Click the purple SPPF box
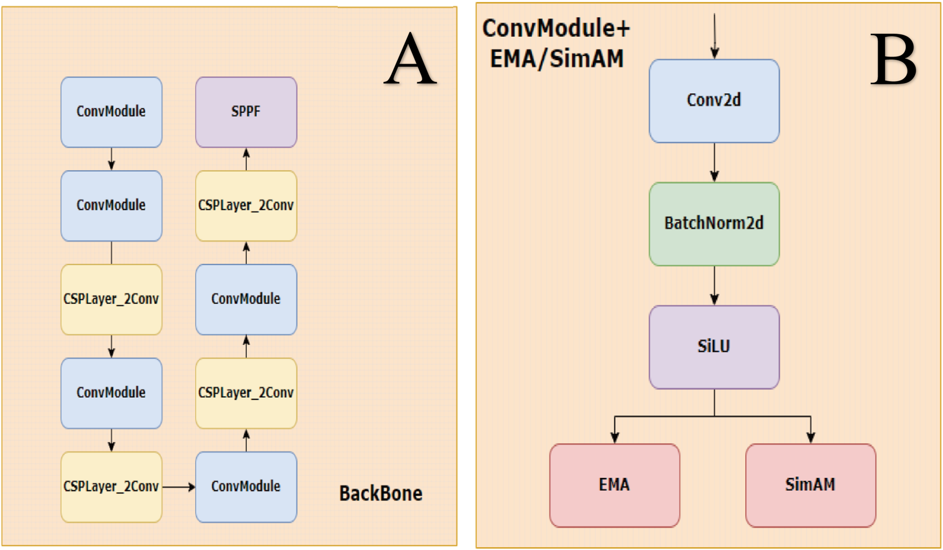coord(246,112)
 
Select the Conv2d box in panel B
coord(714,101)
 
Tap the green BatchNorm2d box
coord(714,223)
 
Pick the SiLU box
coord(714,347)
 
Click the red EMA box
coord(614,485)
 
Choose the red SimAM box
coord(810,485)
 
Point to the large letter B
coord(894,60)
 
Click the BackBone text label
coord(380,493)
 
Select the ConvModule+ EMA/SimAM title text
coord(556,43)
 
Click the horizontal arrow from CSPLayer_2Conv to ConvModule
coord(179,487)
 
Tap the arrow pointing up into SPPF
coord(246,159)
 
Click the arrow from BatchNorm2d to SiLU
coord(714,286)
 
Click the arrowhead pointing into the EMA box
coord(615,437)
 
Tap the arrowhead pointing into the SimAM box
coord(811,437)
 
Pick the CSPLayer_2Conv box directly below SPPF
coord(246,206)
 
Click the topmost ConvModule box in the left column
coord(111,112)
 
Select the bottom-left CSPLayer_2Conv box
coord(111,487)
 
